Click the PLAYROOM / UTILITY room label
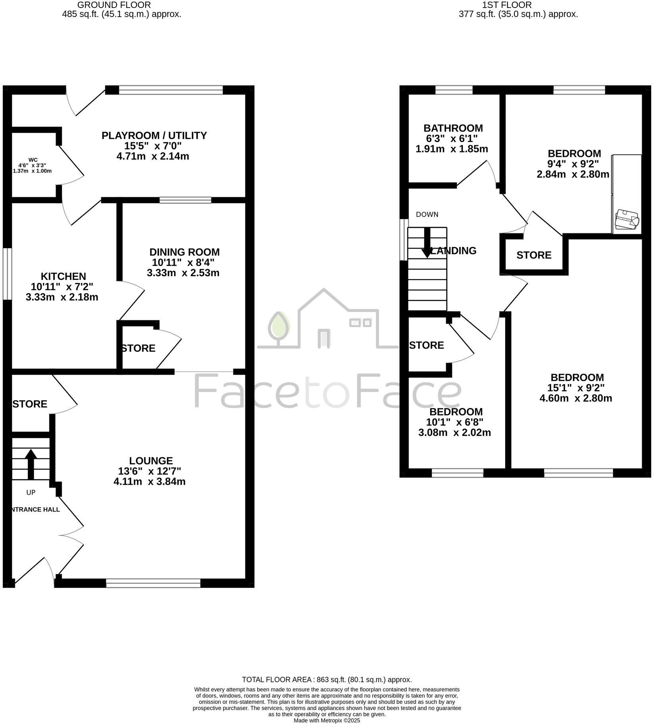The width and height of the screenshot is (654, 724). point(154,136)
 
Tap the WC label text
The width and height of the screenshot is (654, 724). point(33,160)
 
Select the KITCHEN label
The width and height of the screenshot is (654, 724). point(63,276)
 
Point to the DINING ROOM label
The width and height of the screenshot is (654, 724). point(184,252)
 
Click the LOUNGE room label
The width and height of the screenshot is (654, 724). point(151,461)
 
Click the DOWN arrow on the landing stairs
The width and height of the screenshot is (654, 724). point(427,242)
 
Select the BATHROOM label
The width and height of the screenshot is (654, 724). point(453,128)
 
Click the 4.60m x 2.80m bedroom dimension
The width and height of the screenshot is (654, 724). point(575,398)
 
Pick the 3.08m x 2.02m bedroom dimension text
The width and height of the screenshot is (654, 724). point(454,433)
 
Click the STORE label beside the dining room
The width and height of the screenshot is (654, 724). point(138,349)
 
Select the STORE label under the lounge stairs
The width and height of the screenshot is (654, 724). point(30,404)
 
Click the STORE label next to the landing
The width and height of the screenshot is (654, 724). point(533,255)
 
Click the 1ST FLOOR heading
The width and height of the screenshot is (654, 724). point(506,5)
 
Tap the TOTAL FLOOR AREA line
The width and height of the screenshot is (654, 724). point(327,680)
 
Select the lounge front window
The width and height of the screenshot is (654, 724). point(153,583)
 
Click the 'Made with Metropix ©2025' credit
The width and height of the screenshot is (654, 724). point(327,720)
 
